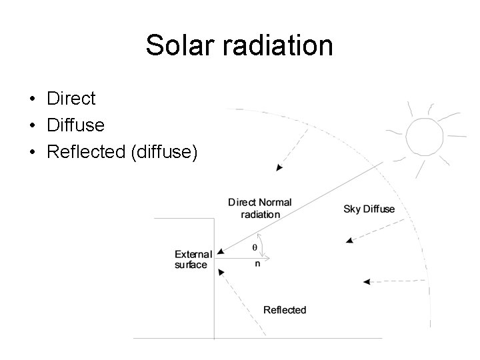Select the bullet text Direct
[x=71, y=99]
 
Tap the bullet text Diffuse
[x=75, y=125]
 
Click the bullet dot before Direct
[x=32, y=99]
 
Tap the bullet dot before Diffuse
[x=32, y=125]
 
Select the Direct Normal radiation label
[x=259, y=208]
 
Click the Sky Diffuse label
[x=369, y=209]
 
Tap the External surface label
[x=193, y=259]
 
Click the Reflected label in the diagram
[x=285, y=309]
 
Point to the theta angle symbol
[x=254, y=247]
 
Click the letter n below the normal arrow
[x=257, y=263]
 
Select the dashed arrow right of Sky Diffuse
[x=373, y=231]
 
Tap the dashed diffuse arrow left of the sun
[x=293, y=147]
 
